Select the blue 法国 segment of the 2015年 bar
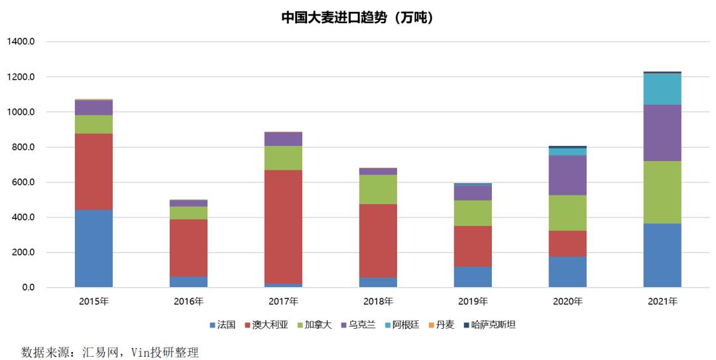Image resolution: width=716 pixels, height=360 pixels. pos(93,249)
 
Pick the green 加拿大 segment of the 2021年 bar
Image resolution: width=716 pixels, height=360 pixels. pos(662,192)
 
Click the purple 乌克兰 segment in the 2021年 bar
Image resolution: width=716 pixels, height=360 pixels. pos(662,133)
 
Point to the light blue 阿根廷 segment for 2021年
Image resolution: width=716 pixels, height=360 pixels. pos(662,89)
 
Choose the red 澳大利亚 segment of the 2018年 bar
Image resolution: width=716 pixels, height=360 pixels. pos(378,241)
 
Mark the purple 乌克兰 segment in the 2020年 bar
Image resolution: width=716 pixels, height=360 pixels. pos(567,175)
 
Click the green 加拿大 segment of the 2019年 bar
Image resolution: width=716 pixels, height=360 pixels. pos(473,213)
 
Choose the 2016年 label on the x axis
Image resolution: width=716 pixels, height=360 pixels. pos(188,302)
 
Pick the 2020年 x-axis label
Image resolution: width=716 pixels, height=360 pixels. pos(567,302)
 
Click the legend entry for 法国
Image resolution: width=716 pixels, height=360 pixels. pos(223,325)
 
